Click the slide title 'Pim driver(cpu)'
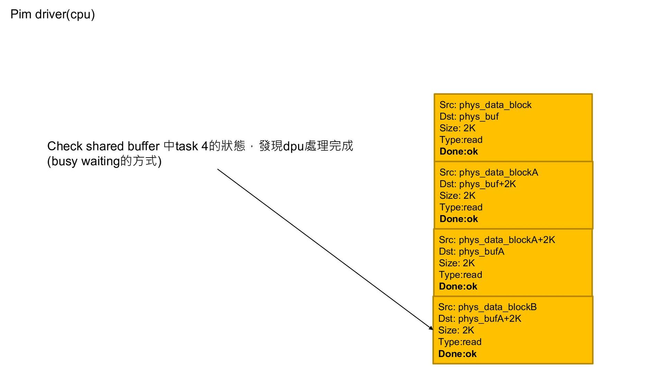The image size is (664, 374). click(x=53, y=14)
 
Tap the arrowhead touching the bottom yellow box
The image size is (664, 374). click(x=431, y=328)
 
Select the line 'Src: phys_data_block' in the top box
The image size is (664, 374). click(x=485, y=105)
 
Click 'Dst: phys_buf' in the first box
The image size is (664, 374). click(x=469, y=117)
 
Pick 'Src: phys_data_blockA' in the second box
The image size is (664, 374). click(x=489, y=172)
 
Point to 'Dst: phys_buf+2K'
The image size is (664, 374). click(x=477, y=184)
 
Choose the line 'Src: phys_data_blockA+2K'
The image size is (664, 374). click(x=497, y=240)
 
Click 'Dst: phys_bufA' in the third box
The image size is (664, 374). click(x=471, y=252)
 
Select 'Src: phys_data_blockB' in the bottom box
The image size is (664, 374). click(x=487, y=307)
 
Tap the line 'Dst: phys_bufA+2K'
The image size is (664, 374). click(x=479, y=319)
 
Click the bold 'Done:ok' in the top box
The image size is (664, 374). click(x=459, y=152)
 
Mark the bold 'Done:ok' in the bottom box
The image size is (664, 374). click(x=457, y=354)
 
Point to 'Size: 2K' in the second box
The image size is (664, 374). click(x=457, y=196)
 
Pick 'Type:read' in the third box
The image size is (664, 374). click(x=460, y=275)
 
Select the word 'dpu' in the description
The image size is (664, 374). click(x=293, y=146)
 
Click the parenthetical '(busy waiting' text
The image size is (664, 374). click(x=83, y=161)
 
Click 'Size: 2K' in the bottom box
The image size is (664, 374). click(x=456, y=330)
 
